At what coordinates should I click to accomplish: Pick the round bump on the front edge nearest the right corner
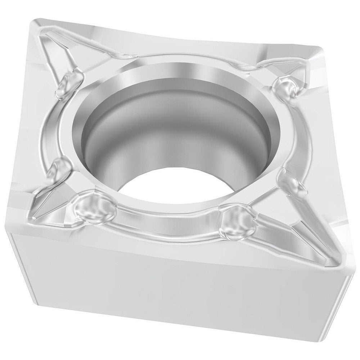[236, 220]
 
